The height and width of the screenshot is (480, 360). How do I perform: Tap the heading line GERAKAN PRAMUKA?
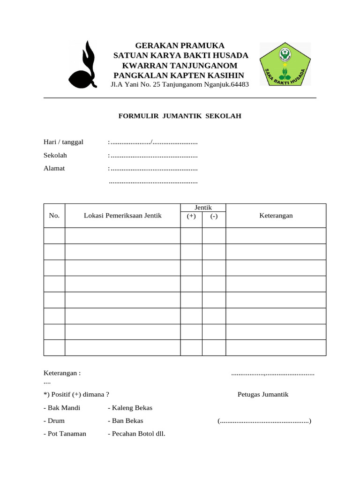pos(180,45)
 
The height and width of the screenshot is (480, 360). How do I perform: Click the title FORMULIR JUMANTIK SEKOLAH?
pos(180,116)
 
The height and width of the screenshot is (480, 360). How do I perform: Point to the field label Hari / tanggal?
pos(64,142)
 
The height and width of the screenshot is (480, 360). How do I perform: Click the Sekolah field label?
pos(55,155)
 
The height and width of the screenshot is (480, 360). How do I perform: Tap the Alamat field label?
pos(54,168)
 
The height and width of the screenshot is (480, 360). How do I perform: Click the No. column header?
pos(54,216)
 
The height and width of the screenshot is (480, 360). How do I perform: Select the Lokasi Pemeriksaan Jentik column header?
pos(122,216)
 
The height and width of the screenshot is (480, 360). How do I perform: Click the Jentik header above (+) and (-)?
pos(203,208)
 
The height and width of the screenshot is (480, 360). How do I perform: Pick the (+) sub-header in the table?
pos(191,216)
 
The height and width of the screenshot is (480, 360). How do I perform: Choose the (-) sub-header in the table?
pos(214,216)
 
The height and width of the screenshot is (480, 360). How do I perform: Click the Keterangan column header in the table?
pos(276,216)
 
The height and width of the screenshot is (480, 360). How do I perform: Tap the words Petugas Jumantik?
pos(263,394)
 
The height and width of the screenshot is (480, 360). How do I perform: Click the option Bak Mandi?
pos(62,407)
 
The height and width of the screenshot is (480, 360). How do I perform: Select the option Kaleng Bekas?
pos(130,407)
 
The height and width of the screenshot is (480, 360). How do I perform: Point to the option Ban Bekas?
pos(125,420)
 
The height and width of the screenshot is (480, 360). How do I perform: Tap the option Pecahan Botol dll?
pos(136,434)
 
